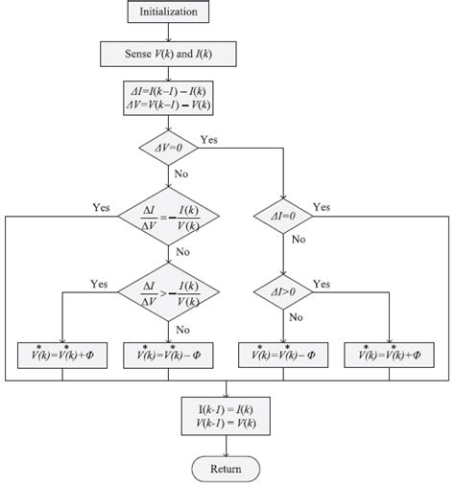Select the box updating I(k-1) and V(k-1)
pos(227,414)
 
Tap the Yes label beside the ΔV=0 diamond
pos(209,139)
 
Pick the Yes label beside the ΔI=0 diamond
pos(322,207)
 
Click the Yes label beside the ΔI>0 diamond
pos(322,284)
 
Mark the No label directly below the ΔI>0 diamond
pos(299,316)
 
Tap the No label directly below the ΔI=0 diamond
pos(299,242)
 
